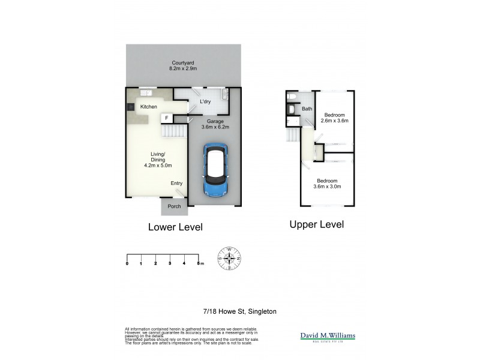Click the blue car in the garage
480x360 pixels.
click(x=216, y=170)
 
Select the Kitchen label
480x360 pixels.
click(x=149, y=107)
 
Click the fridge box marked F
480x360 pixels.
click(x=166, y=118)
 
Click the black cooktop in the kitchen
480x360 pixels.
click(x=130, y=107)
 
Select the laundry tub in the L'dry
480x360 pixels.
click(x=224, y=94)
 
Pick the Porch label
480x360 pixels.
click(x=174, y=206)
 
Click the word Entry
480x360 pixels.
click(x=176, y=184)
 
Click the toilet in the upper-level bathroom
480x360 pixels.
click(x=290, y=96)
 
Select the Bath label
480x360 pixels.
click(x=307, y=109)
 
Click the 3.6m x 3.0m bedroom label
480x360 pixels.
click(x=327, y=184)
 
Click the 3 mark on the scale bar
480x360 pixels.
click(x=170, y=263)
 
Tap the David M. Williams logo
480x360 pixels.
click(x=328, y=337)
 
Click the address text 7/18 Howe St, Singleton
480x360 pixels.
click(x=239, y=311)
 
